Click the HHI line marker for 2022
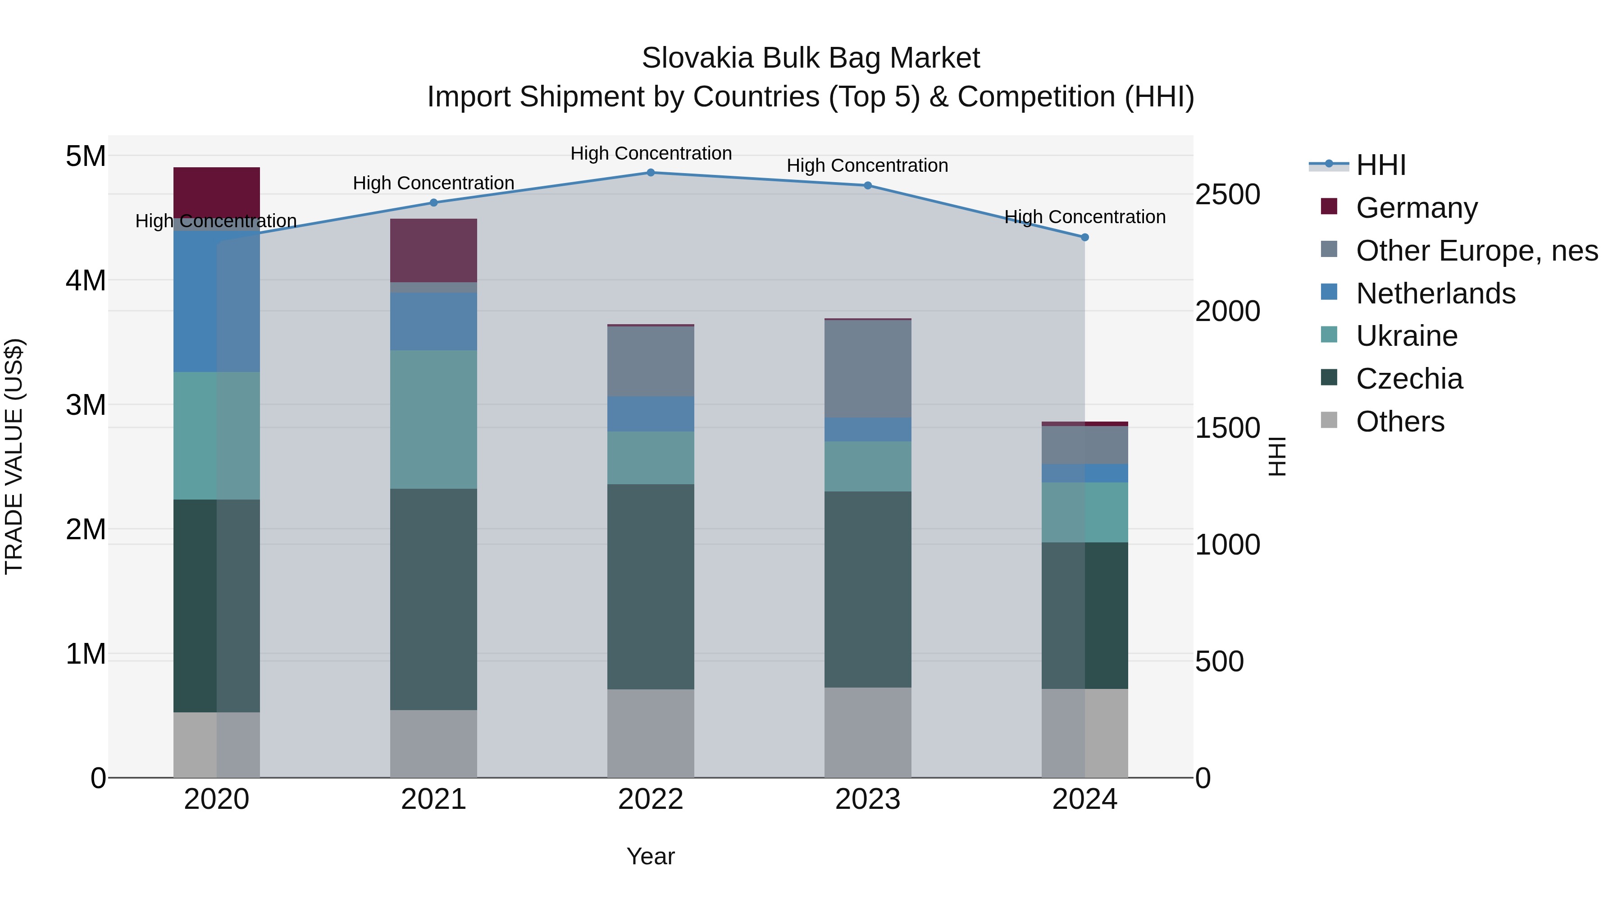click(651, 172)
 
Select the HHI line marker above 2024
click(1084, 238)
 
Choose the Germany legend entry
click(1416, 208)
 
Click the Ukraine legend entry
click(1406, 336)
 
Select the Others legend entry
click(1400, 422)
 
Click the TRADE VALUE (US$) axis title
click(14, 456)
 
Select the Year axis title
click(651, 856)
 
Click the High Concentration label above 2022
click(651, 153)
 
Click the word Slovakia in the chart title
click(697, 58)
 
